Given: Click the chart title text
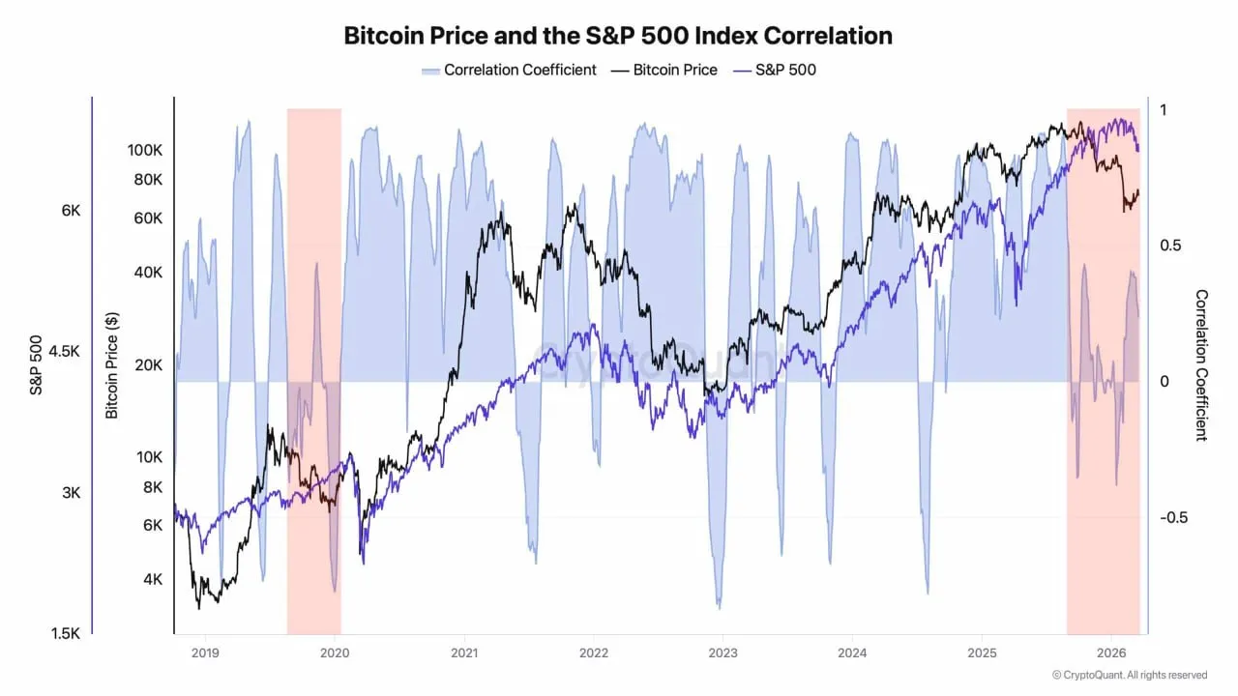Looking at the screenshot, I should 618,36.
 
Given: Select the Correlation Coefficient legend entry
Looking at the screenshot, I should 509,70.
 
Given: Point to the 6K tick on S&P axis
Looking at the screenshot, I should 71,211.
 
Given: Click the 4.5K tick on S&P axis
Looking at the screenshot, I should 64,352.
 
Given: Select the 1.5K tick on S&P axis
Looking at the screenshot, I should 64,633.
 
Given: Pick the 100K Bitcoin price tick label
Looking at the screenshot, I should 144,150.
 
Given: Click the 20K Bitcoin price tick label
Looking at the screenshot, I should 148,364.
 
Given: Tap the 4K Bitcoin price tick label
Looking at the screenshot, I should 152,579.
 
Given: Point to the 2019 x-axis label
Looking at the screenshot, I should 205,652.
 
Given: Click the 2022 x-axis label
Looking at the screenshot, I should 593,652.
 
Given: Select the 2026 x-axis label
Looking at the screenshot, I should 1111,652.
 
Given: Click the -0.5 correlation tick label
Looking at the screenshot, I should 1178,517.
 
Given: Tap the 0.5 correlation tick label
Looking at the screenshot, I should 1171,246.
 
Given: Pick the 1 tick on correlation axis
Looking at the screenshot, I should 1164,110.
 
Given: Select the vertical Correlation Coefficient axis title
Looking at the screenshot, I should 1201,365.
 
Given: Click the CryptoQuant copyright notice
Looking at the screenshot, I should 1130,675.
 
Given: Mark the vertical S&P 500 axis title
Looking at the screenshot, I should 36,365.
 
